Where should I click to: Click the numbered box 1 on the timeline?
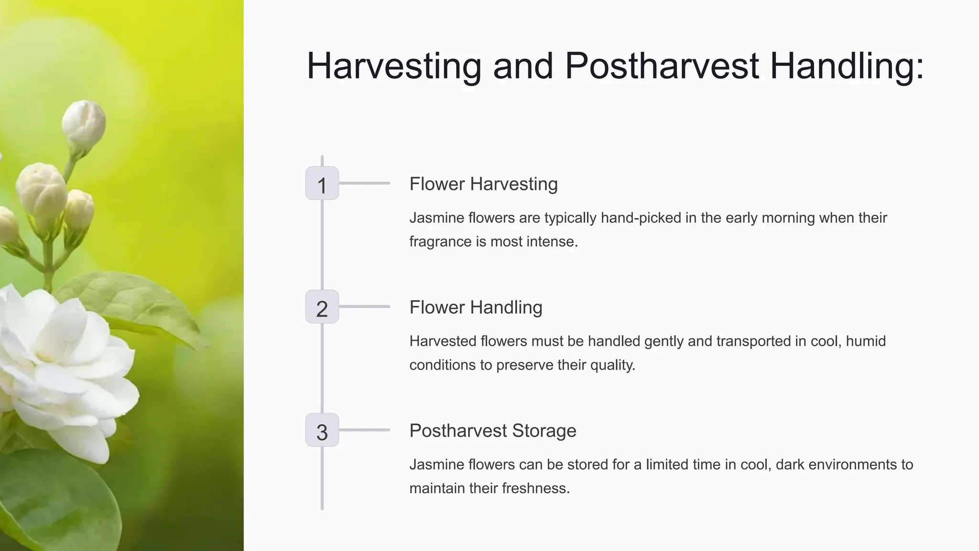(x=322, y=184)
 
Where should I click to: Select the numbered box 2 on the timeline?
(x=322, y=307)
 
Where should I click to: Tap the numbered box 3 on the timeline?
(x=322, y=430)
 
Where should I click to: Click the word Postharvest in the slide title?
(x=662, y=66)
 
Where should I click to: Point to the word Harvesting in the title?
(x=393, y=66)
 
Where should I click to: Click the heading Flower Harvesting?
(x=483, y=184)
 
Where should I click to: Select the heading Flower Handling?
(x=476, y=308)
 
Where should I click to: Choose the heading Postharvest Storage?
(x=492, y=431)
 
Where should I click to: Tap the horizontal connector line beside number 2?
(x=364, y=307)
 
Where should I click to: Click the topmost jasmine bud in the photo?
(x=84, y=122)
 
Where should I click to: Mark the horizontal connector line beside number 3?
(x=364, y=430)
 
